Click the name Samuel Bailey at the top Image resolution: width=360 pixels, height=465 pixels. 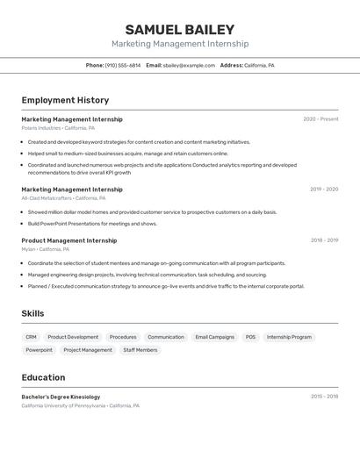pos(179,29)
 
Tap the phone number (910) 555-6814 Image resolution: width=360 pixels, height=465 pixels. pos(122,66)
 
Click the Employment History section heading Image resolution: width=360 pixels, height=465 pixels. pos(65,100)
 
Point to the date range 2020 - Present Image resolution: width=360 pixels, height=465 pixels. pos(320,119)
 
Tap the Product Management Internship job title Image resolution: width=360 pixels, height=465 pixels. pos(68,240)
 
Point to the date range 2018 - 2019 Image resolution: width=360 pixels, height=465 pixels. pos(324,240)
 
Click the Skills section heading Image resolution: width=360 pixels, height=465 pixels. pos(32,313)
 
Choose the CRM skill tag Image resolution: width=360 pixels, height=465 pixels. pos(31,337)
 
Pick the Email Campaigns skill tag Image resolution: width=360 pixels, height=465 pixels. pos(214,337)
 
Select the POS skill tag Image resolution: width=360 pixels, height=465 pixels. pos(250,337)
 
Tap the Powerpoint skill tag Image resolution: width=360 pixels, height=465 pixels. pos(39,350)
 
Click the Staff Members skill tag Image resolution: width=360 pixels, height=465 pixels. pos(140,350)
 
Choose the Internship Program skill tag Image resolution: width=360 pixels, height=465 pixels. pos(289,337)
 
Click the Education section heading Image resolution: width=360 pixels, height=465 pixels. pos(43,377)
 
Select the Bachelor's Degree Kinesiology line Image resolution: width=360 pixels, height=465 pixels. pos(61,397)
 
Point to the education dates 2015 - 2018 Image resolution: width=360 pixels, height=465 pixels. pos(324,397)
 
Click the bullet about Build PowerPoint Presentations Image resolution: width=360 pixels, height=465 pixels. pos(92,224)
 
